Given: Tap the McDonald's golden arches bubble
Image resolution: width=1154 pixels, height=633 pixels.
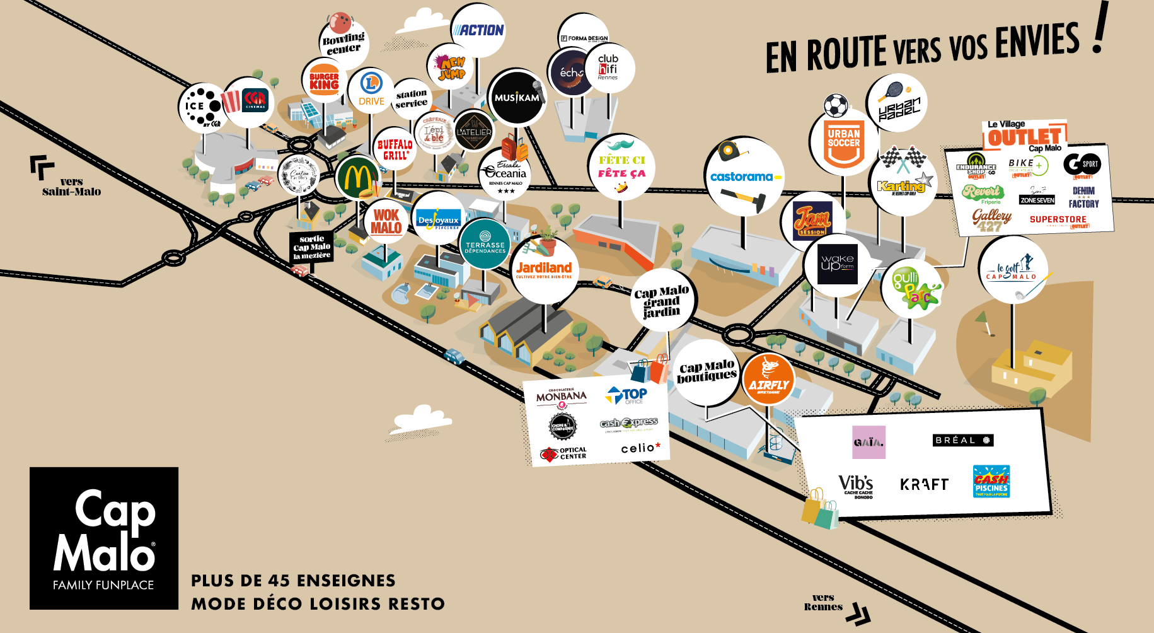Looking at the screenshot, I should [357, 178].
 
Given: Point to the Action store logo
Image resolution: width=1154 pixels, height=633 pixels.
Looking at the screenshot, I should [478, 30].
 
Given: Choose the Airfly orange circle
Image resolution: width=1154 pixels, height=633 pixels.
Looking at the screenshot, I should [768, 380].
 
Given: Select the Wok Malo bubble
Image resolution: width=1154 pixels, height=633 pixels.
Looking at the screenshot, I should [386, 221].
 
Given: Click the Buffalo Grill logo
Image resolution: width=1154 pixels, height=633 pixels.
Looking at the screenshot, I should [395, 149].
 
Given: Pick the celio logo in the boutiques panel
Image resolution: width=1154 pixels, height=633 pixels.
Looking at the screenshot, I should [640, 448].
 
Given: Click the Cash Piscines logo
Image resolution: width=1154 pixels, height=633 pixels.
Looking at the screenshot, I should [991, 482].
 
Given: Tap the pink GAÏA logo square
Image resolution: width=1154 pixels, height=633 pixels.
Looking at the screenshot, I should [868, 442].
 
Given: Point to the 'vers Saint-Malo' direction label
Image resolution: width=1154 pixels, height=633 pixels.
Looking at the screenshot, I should [71, 187].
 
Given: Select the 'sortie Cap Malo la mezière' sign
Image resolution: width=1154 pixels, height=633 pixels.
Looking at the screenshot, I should [311, 247].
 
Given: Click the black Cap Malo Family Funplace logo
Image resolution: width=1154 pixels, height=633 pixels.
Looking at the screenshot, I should [104, 538].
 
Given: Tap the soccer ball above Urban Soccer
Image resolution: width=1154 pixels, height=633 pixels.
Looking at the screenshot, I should [836, 106].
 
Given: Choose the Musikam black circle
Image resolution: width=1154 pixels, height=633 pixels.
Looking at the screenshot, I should [517, 98].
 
